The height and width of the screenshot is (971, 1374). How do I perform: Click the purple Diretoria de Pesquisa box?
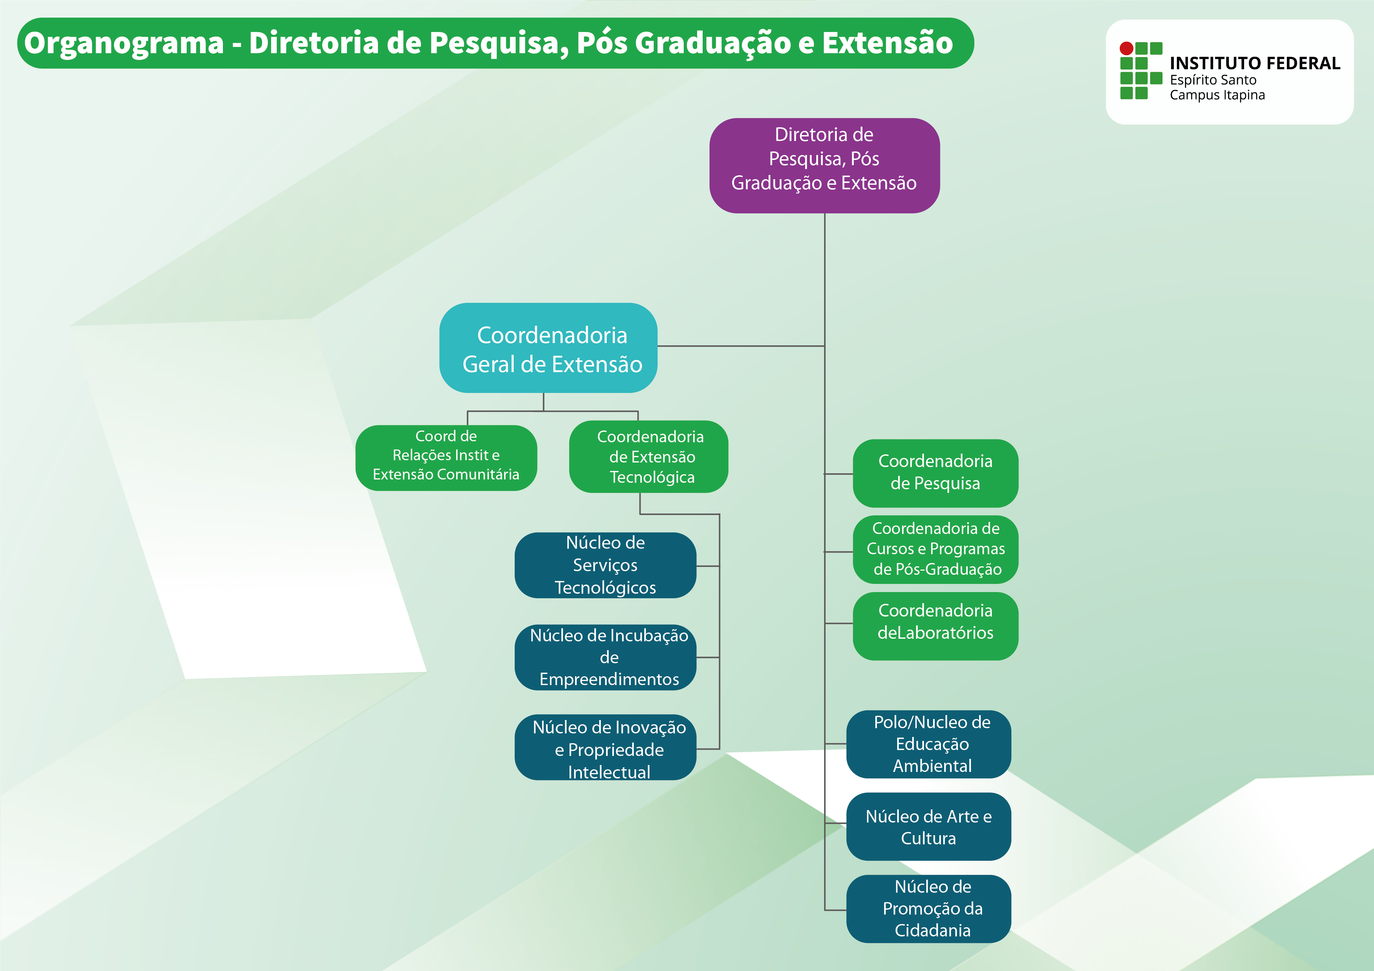824,165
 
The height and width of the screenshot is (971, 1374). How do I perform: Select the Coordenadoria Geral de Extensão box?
548,348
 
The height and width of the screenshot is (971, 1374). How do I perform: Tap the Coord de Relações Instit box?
446,458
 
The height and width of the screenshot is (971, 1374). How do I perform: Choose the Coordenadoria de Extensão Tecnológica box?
649,457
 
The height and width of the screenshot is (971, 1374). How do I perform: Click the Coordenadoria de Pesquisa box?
935,473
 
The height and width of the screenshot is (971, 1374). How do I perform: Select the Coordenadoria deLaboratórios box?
935,626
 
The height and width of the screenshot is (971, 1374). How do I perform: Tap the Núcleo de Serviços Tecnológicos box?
605,565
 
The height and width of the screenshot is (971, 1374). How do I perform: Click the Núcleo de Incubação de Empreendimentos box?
605,657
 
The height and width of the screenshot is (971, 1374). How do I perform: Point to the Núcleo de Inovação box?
605,748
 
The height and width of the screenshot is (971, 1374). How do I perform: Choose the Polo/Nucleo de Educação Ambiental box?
928,744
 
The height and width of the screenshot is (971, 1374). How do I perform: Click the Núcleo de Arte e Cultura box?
928,827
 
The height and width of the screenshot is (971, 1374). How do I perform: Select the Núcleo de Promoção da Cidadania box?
928,909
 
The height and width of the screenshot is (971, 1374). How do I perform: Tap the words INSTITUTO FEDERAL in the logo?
1254,63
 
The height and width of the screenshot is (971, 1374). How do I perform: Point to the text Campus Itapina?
1217,95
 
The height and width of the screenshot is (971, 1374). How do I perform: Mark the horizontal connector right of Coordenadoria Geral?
741,346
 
